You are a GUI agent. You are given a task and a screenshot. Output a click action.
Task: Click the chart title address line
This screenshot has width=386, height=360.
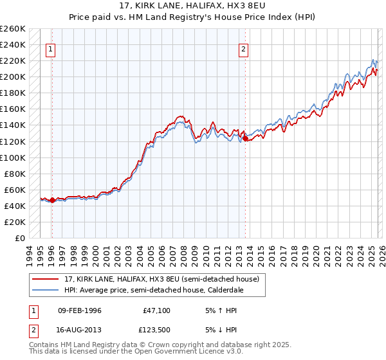tap(192, 7)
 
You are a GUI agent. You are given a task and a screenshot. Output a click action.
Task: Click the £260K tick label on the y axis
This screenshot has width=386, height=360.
tap(12, 29)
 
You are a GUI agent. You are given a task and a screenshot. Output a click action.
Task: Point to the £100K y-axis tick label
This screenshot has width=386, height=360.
tap(12, 157)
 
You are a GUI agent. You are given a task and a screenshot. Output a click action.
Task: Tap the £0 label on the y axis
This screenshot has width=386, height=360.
tap(20, 238)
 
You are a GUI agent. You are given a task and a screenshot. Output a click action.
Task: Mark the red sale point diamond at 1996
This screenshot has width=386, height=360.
tap(51, 201)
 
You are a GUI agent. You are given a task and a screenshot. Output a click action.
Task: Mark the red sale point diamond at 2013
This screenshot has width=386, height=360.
tap(244, 138)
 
